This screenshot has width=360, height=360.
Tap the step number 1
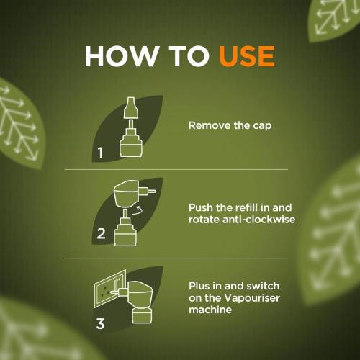101,153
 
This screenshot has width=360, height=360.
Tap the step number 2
101,233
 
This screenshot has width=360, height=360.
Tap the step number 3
101,322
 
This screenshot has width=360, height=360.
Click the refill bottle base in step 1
129,146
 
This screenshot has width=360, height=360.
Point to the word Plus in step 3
200,286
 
